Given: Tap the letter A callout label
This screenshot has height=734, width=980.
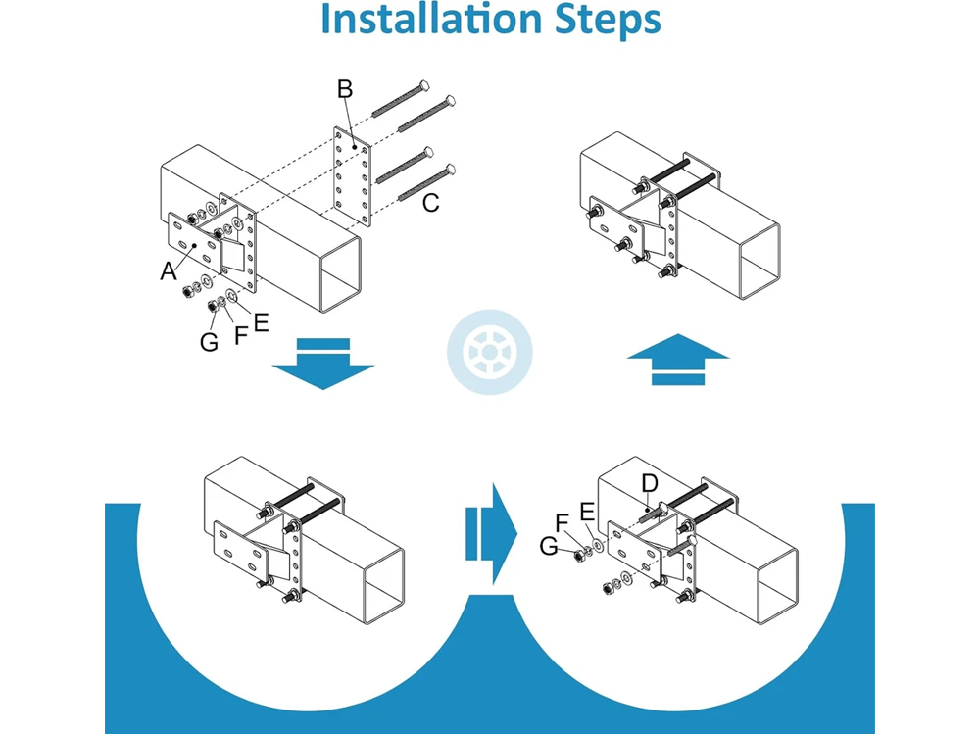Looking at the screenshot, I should [x=169, y=271].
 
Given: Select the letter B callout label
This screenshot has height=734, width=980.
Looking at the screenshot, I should [x=345, y=90].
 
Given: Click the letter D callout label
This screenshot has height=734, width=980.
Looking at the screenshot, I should [x=649, y=483].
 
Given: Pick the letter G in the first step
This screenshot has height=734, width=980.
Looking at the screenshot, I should [x=209, y=343].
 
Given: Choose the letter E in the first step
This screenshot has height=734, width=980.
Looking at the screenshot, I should [x=260, y=322].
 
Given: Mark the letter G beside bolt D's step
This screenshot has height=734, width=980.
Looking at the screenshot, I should [x=551, y=545].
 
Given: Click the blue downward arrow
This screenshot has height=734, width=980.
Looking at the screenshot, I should [x=322, y=363].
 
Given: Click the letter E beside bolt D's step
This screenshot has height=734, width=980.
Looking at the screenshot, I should [x=587, y=511].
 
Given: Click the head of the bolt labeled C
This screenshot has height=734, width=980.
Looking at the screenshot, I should [x=451, y=171].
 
